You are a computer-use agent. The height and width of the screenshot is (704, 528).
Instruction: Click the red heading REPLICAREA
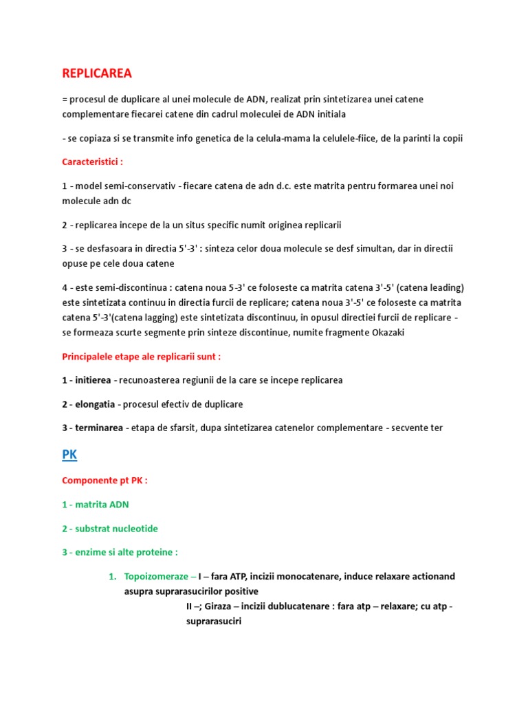click(97, 73)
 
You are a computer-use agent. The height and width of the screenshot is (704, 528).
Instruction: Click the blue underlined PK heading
click(69, 456)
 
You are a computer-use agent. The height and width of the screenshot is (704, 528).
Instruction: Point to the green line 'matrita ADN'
click(95, 505)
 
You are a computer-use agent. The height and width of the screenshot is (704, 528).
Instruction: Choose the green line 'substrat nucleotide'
click(109, 529)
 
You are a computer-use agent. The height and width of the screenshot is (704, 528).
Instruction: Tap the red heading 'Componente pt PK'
click(104, 481)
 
